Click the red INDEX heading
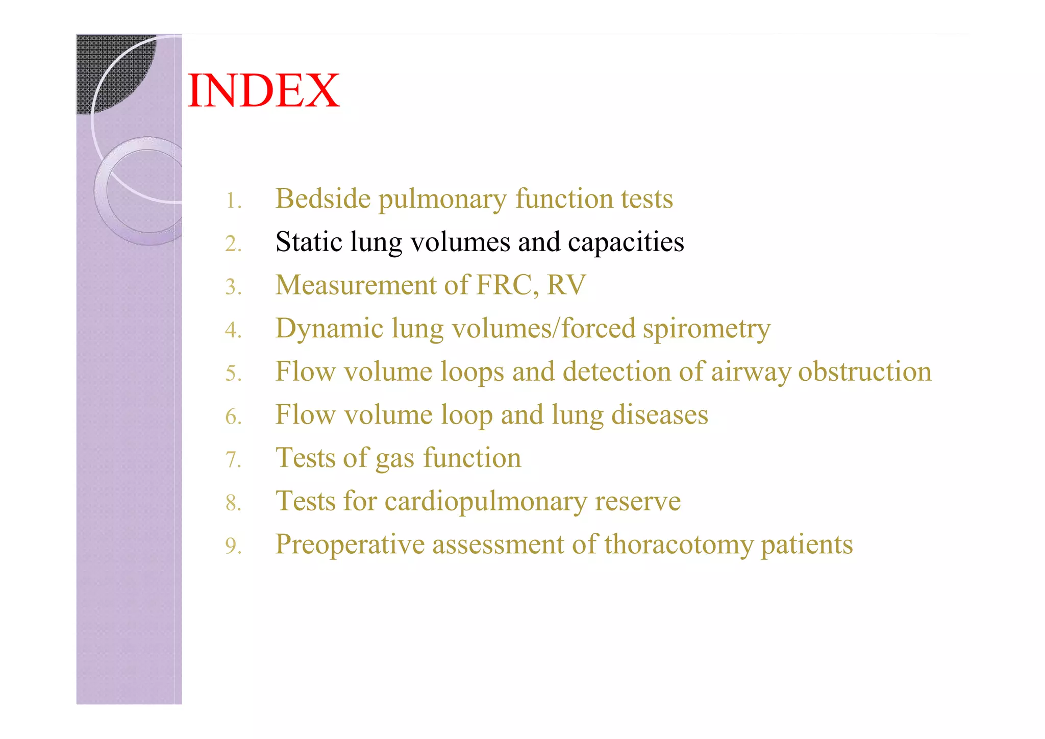coord(263,91)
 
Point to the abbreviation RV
coord(566,285)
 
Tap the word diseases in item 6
coord(659,414)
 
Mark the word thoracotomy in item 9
coord(679,545)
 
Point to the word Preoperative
coord(350,545)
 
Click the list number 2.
coord(233,244)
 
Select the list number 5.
coord(233,374)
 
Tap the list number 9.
coord(233,546)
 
